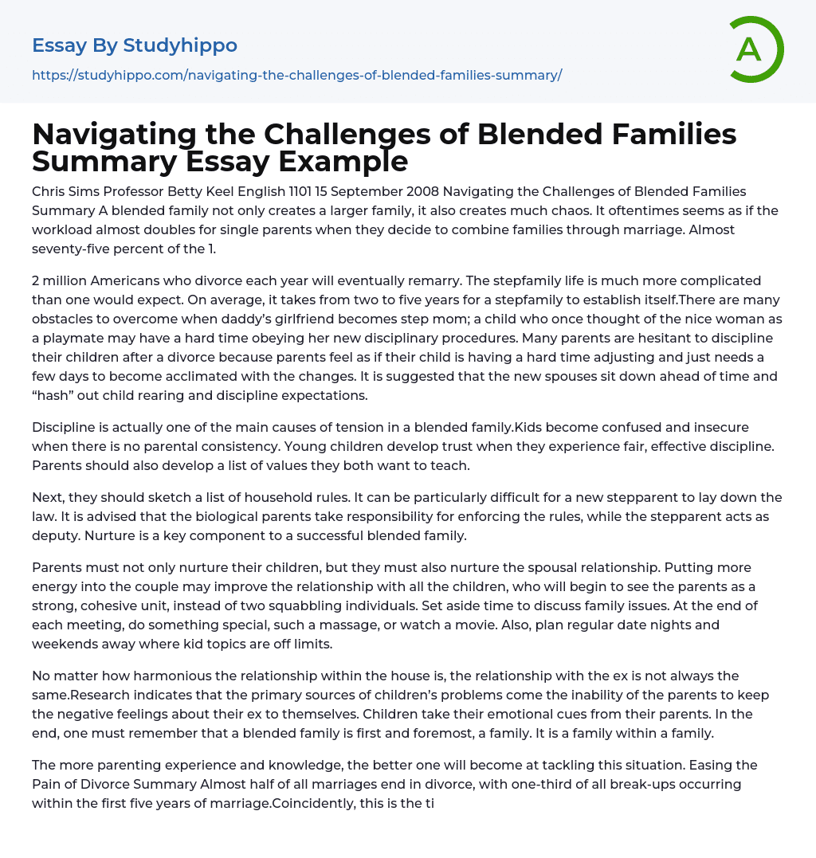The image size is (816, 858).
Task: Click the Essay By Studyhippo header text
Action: [x=135, y=45]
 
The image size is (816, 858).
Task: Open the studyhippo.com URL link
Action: [x=297, y=75]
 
